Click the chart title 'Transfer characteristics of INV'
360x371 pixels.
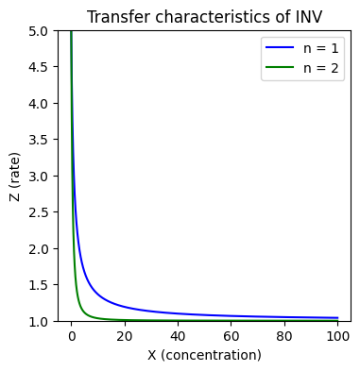pos(204,17)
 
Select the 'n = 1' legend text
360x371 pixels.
pos(321,48)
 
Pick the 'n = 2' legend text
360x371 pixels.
pos(321,68)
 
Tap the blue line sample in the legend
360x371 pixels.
pos(280,48)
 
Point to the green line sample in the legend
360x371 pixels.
pos(280,67)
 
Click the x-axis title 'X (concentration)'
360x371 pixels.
pos(204,355)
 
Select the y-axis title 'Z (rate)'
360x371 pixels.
pos(14,177)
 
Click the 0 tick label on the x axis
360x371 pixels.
pos(72,336)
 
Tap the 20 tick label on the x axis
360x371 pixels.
pos(125,336)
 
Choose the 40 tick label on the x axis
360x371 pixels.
pos(178,336)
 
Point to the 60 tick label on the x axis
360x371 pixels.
pos(231,336)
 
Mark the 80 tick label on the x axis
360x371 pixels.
pos(284,336)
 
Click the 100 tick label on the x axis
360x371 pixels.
pos(337,336)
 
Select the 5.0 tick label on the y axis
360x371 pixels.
pos(40,31)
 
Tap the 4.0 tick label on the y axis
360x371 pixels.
pos(40,104)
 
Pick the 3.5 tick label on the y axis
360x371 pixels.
pos(40,140)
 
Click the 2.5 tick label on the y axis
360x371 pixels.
pos(40,212)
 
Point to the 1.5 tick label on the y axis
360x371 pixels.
pos(40,285)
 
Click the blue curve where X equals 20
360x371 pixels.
pos(125,307)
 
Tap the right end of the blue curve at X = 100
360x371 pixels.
pos(337,318)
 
